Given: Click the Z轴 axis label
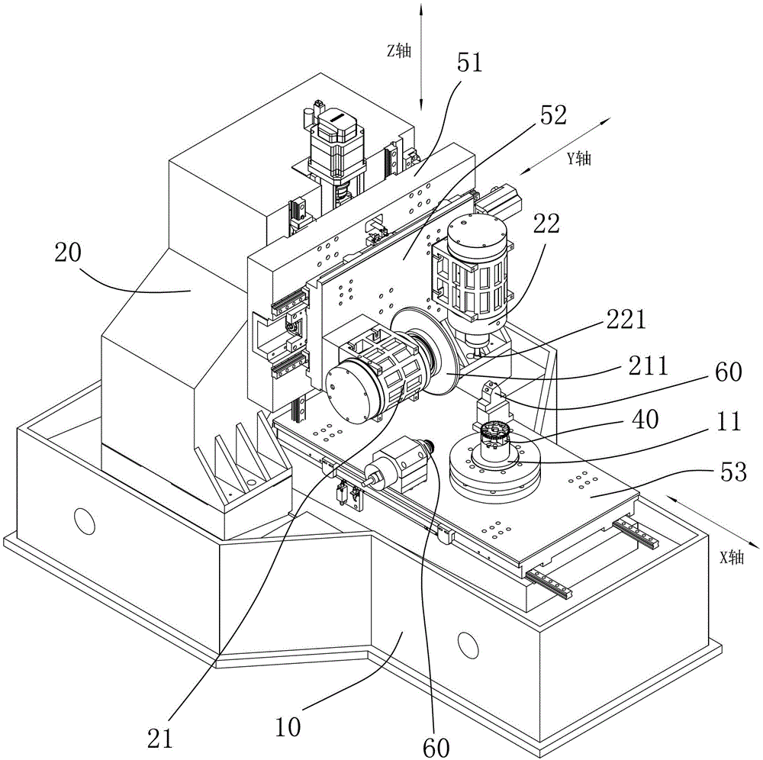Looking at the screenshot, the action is point(399,50).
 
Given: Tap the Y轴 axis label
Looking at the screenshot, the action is point(579,158).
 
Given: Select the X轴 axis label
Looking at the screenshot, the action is point(732,558).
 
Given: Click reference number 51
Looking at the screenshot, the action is point(469,63).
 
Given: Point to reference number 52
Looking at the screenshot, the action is point(553,115).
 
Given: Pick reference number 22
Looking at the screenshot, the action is point(546,224).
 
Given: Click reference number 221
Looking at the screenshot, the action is point(626,319).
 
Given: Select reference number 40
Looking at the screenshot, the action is point(645,419).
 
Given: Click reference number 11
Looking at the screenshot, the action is point(729,420).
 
